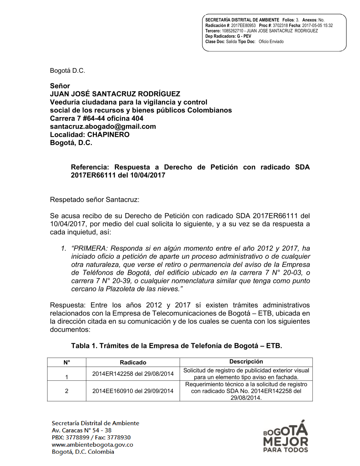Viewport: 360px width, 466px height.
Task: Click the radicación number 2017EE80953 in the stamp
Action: (243, 26)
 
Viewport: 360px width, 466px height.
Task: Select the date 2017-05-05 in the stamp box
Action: (312, 26)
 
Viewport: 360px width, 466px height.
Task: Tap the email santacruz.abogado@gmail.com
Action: (103, 126)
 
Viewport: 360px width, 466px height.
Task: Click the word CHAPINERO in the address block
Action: (108, 135)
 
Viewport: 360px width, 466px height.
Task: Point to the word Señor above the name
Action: (60, 86)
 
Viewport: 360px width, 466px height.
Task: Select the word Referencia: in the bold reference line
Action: (90, 167)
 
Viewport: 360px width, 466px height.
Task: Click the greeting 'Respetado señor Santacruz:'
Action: (95, 200)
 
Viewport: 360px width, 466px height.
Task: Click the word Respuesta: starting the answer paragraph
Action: (68, 305)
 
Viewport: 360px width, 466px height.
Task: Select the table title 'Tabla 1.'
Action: (84, 346)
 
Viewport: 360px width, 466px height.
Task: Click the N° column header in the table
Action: (67, 362)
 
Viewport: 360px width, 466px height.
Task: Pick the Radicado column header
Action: (133, 362)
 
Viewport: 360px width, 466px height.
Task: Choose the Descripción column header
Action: (246, 362)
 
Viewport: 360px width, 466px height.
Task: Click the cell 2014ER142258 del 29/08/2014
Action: (133, 374)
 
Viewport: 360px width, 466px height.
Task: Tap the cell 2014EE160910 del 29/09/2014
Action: (133, 391)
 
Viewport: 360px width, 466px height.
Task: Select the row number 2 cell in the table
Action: (67, 391)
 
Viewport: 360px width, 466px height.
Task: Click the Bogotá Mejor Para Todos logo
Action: (286, 437)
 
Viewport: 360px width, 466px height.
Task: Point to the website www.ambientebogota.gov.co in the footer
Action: (93, 445)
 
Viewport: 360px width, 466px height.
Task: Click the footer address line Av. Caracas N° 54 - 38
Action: (82, 430)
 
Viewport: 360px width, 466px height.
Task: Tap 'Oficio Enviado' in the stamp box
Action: (271, 42)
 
